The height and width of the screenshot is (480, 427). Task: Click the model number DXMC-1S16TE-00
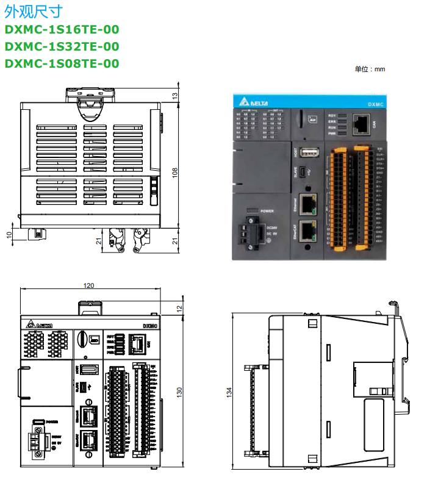click(x=62, y=29)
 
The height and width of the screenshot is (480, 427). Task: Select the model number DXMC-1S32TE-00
click(x=62, y=46)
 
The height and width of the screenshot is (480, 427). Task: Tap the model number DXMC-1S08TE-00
click(x=62, y=63)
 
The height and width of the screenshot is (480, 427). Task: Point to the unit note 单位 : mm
click(x=370, y=70)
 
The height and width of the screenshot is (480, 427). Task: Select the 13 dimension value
click(x=175, y=95)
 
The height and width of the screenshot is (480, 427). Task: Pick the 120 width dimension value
click(x=89, y=285)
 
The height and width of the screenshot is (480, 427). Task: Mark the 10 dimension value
click(x=9, y=235)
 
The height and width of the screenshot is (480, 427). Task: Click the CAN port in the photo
click(x=361, y=124)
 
